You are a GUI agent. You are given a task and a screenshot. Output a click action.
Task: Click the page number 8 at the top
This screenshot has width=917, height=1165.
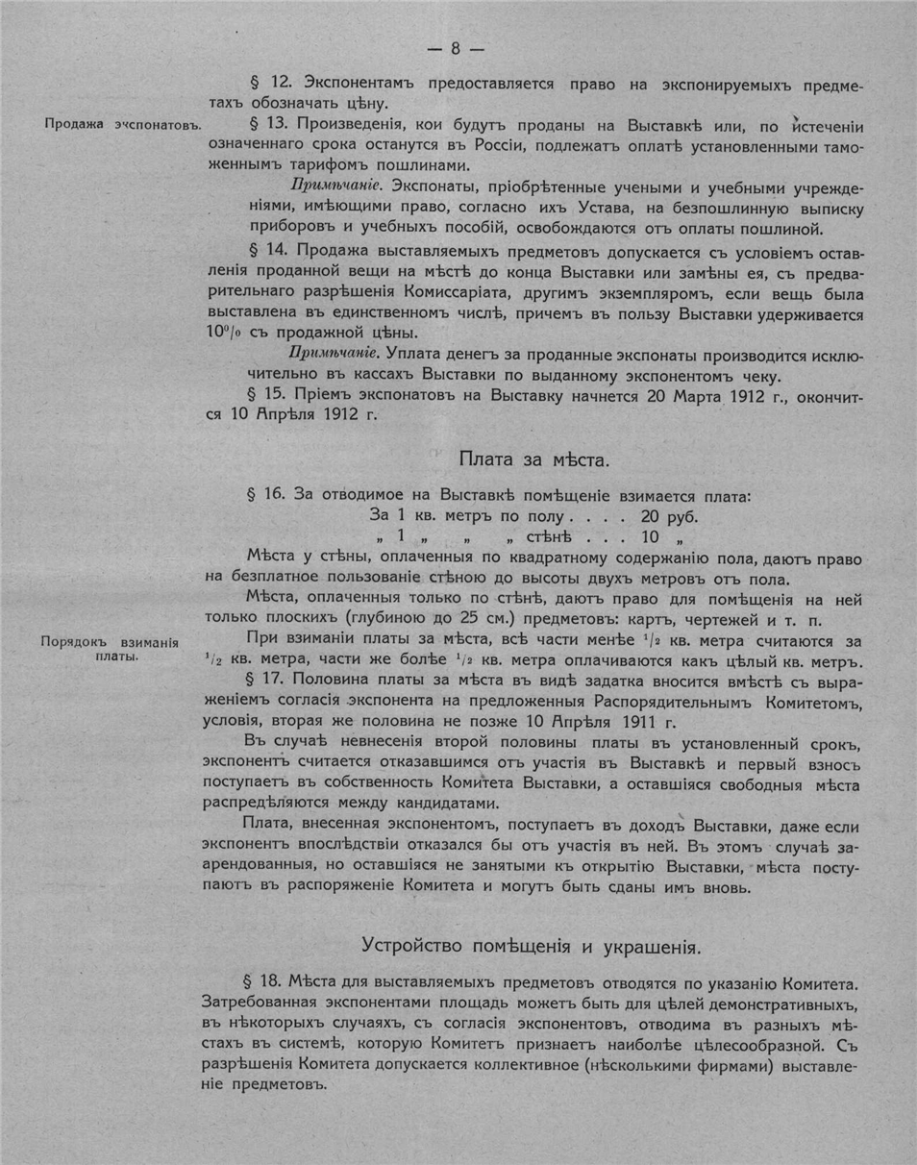[x=457, y=48]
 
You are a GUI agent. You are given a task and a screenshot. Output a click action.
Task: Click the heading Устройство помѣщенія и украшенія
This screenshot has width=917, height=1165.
[x=530, y=945]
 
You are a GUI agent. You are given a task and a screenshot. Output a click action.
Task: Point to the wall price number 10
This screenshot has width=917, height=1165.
[x=650, y=537]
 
